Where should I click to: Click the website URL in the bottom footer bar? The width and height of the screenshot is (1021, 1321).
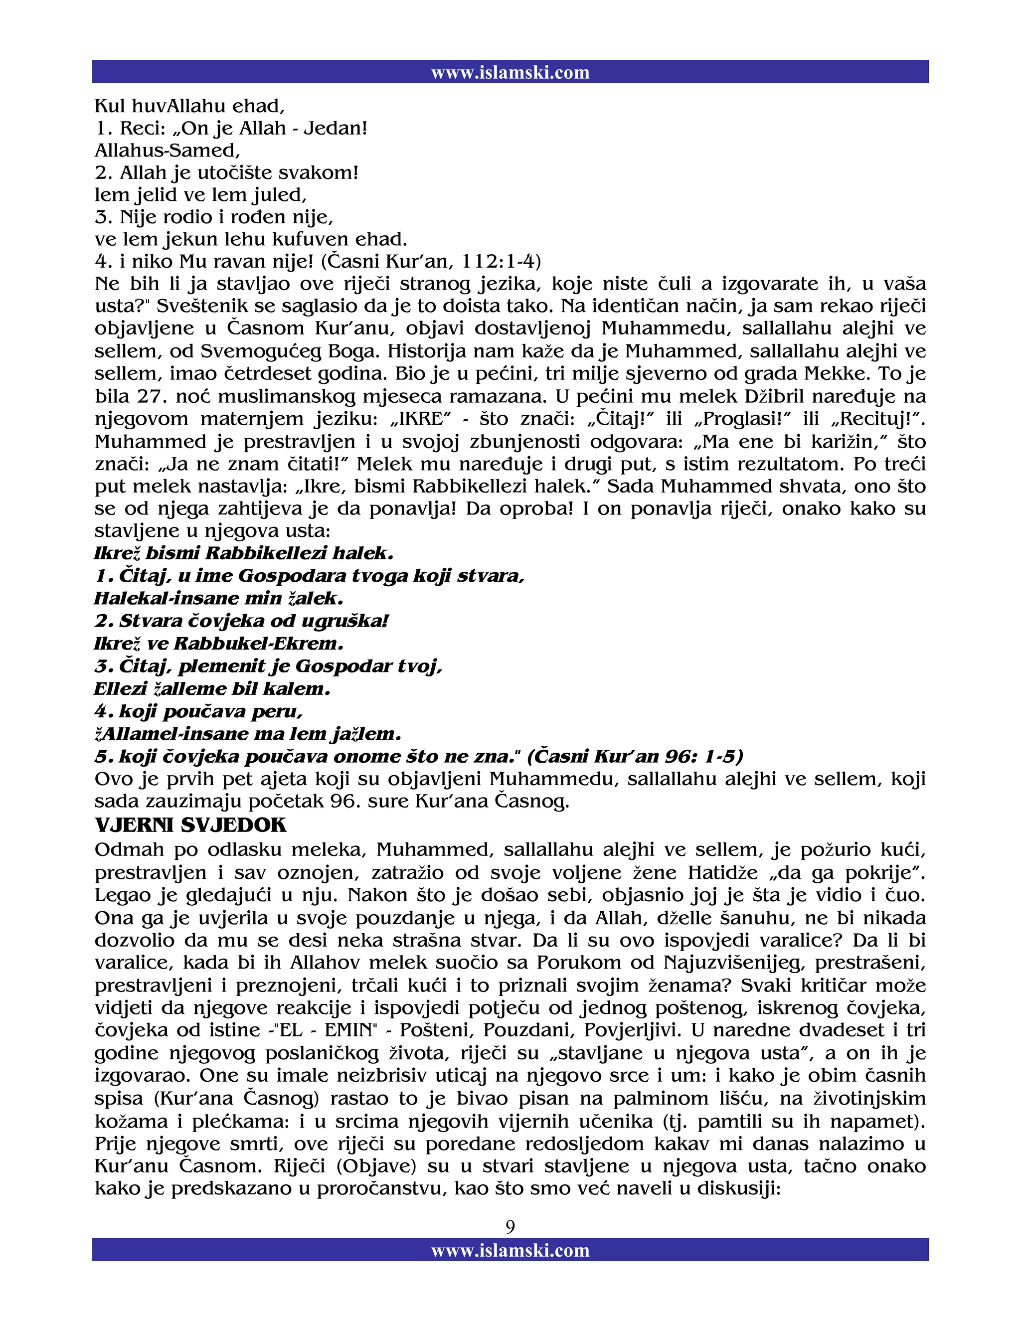(x=510, y=1250)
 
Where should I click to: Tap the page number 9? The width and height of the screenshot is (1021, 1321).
(x=510, y=1227)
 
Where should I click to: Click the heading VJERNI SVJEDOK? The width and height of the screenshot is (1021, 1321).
(x=190, y=826)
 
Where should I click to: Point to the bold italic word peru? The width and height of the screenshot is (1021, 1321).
(x=276, y=711)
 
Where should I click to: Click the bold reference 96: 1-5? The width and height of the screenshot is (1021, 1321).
(x=703, y=757)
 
